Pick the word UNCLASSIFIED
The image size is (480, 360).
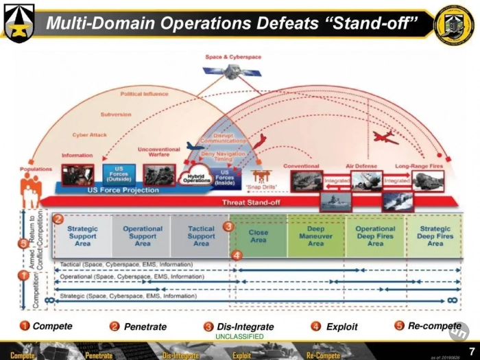[239, 337]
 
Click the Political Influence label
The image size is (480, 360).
[144, 94]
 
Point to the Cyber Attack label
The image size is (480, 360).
[89, 135]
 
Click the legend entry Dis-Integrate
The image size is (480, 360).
[245, 326]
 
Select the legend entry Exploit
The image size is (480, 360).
[341, 326]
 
